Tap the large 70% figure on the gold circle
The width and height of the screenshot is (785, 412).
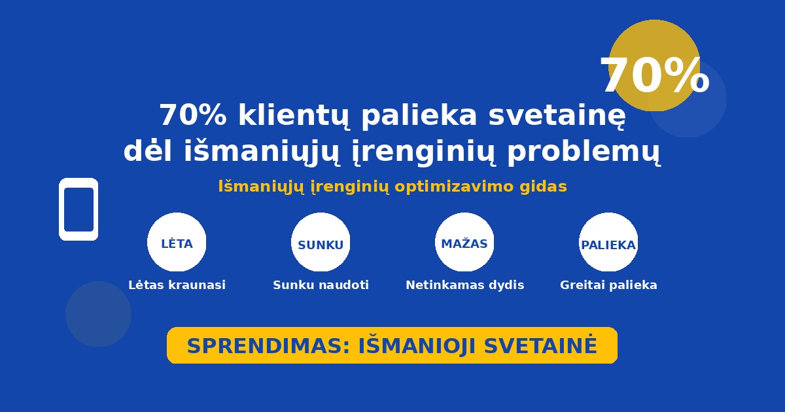point(655,75)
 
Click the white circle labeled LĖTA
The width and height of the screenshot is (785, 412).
point(177,242)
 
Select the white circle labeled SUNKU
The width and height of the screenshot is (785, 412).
point(321,242)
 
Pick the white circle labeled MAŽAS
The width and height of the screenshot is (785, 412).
point(464,242)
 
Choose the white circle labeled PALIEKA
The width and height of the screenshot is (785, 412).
point(608,242)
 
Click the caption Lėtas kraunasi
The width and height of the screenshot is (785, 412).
point(177,285)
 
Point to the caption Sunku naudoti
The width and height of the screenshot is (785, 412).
point(321,285)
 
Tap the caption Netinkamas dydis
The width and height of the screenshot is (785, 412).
point(464,285)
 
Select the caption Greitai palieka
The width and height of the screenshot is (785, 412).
point(608,285)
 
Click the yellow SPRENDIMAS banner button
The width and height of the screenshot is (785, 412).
point(392,345)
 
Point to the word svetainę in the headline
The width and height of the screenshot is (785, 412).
point(557,116)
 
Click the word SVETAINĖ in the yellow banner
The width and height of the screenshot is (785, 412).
point(540,345)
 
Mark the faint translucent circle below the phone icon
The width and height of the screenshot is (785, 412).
point(98,314)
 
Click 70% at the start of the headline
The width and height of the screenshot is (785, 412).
point(193,115)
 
